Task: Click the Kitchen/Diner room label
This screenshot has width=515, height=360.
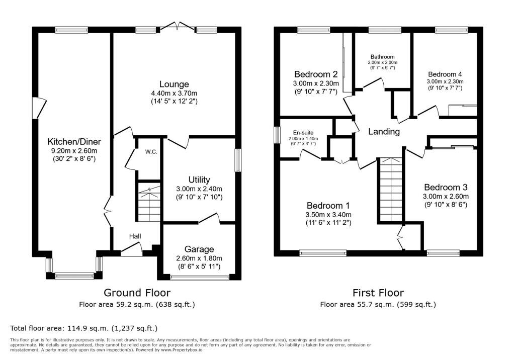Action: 74,142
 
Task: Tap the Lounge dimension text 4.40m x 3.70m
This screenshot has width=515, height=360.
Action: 174,94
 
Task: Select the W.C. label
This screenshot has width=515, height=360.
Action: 151,152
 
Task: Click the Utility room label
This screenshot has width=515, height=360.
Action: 199,179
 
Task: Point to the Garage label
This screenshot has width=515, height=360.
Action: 199,249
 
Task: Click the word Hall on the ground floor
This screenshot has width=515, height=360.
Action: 135,236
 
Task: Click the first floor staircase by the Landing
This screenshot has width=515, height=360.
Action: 390,190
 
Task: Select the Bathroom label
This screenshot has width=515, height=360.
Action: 383,57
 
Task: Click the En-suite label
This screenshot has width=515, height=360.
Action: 303,133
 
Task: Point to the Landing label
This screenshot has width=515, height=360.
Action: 384,132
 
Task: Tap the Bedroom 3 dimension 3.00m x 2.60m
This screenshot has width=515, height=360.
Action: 446,197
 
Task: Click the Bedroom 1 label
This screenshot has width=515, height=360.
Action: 328,206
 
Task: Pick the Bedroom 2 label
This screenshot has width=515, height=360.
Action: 316,74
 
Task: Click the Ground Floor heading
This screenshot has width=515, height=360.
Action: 137,292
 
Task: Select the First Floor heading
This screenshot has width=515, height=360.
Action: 378,292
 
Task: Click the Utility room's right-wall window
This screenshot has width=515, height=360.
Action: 238,160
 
